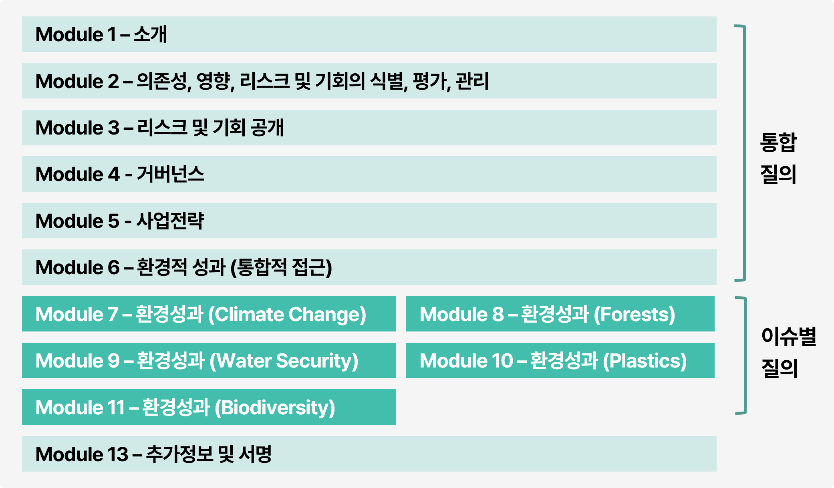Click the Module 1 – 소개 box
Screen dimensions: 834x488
point(369,34)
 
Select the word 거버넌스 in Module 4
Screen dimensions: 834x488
point(171,174)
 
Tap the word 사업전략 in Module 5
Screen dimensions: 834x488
point(170,221)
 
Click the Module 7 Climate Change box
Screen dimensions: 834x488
point(209,314)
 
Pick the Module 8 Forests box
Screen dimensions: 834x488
point(560,314)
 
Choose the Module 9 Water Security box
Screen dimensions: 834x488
point(209,360)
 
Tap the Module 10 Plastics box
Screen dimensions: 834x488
point(560,360)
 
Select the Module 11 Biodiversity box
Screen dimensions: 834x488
point(209,407)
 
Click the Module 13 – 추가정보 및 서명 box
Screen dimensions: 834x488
point(369,454)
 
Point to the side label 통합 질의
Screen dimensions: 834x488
point(778,158)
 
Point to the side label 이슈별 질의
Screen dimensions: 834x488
point(788,352)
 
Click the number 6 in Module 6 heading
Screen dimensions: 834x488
point(114,267)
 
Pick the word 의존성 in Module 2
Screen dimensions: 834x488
point(162,81)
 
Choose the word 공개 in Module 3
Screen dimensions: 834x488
point(267,127)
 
